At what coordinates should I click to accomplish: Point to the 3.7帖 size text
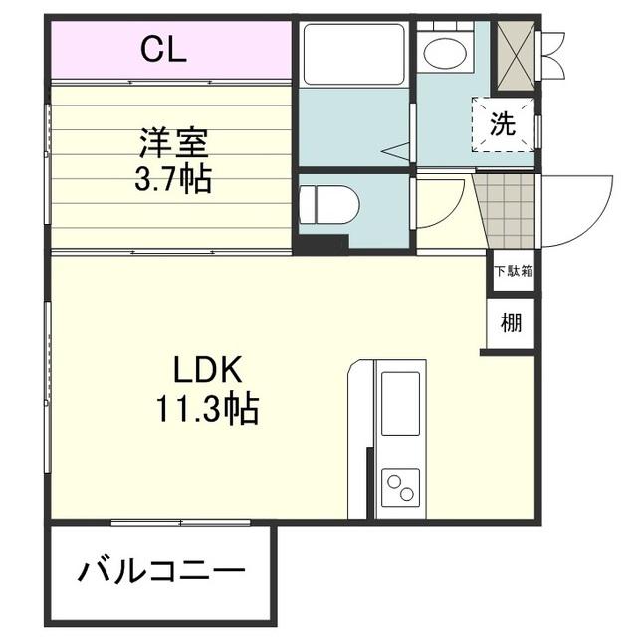tap(172, 181)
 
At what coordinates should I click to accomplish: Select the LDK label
tap(207, 370)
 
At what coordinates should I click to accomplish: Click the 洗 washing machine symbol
tap(504, 124)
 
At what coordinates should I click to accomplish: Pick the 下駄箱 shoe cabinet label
tap(512, 269)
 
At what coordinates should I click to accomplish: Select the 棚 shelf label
tap(511, 322)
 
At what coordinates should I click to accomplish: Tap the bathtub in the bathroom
tap(353, 54)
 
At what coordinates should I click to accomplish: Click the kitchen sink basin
tap(401, 403)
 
